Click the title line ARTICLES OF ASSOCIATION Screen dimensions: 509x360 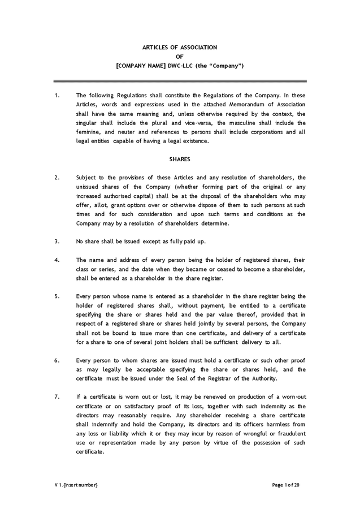click(x=180, y=48)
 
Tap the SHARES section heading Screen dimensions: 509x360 click(x=180, y=159)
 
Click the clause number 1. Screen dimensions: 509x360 click(x=57, y=96)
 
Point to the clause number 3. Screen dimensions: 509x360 click(x=57, y=241)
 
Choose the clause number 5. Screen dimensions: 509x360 click(x=57, y=296)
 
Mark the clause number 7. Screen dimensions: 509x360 click(x=57, y=397)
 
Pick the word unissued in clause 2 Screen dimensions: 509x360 click(x=89, y=187)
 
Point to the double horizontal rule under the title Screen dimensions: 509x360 click(x=180, y=81)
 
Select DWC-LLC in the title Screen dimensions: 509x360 click(x=181, y=66)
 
